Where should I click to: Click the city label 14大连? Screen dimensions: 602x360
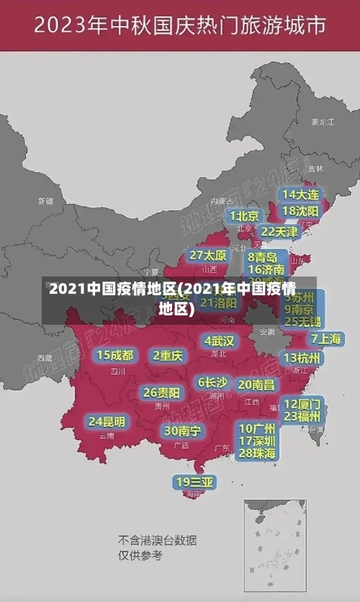point(300,194)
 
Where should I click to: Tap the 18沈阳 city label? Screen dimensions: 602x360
point(300,211)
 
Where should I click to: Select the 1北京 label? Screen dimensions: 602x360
point(245,215)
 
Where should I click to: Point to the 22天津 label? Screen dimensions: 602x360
point(279,232)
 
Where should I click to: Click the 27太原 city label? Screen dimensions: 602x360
point(208,256)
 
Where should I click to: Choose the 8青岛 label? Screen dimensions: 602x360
point(263,257)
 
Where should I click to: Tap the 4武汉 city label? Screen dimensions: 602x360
point(219,341)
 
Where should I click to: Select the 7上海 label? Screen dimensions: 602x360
point(325,338)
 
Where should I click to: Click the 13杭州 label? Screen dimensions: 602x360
point(302,358)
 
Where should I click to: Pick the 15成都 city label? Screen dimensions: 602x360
point(115,355)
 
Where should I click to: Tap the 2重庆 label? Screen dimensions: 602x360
point(168,355)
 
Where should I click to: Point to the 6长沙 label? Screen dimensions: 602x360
point(212,382)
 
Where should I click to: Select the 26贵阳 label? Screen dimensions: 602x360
point(161,392)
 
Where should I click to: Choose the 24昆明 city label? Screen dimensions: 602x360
point(107,421)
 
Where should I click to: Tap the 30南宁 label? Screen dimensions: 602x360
point(182,431)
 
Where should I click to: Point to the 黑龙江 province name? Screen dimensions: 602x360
point(322,122)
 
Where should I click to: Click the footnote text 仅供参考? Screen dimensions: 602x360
point(140,555)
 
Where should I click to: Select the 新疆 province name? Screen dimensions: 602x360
point(45,201)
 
